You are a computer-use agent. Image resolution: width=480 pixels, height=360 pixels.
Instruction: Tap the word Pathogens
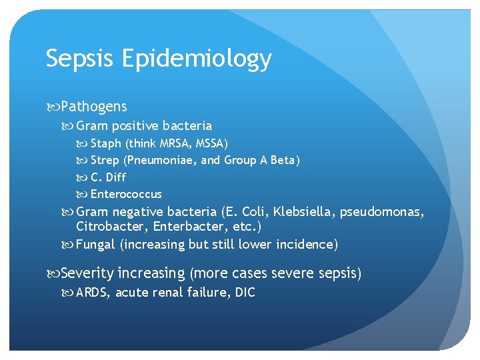click(x=94, y=107)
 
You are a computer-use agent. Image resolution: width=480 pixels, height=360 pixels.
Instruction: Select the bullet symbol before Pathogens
click(x=53, y=107)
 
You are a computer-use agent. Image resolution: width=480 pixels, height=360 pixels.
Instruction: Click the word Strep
click(x=105, y=161)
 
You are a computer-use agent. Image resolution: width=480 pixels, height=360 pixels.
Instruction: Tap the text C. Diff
click(x=108, y=177)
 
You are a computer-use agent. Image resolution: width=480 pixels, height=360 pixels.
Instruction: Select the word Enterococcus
click(x=126, y=194)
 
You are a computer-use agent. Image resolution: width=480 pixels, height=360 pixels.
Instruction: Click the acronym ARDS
click(x=93, y=293)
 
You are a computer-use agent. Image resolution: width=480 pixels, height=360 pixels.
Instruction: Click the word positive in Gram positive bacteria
click(x=136, y=126)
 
